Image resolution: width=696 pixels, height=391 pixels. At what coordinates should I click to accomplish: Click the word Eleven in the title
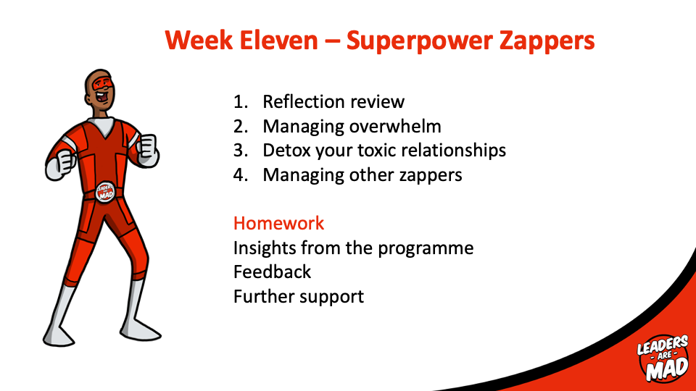click(278, 41)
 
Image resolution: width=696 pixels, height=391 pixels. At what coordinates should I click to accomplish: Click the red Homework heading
click(278, 223)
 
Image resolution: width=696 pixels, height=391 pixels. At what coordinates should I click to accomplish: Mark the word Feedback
click(272, 272)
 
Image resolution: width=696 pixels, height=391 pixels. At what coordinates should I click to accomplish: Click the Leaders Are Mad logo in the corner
click(662, 358)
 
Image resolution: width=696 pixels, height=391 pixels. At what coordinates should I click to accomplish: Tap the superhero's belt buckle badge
click(105, 192)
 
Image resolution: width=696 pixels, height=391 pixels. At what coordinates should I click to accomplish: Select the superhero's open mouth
click(101, 96)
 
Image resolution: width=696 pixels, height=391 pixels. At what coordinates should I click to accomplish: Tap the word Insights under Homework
click(265, 248)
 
